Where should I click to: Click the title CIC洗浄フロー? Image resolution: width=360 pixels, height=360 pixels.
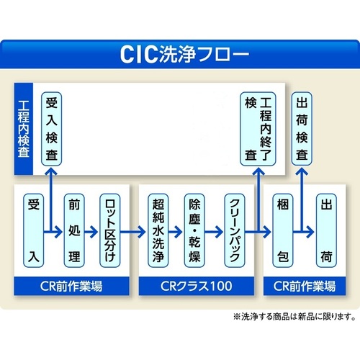[x=184, y=54]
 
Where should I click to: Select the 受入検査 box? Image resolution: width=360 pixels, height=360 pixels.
[x=52, y=129]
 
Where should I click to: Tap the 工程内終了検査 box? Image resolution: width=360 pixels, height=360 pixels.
[x=258, y=129]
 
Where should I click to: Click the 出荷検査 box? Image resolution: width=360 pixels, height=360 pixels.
[x=302, y=129]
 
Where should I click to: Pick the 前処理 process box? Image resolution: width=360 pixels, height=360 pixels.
[x=74, y=230]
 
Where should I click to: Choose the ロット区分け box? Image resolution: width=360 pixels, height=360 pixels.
[x=110, y=230]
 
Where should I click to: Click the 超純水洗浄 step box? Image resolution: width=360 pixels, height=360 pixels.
[x=158, y=230]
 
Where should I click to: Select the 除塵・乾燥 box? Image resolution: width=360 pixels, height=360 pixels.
[x=194, y=230]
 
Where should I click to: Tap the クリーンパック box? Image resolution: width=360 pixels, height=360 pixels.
[x=235, y=230]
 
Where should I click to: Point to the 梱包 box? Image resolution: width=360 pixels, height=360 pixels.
[x=283, y=230]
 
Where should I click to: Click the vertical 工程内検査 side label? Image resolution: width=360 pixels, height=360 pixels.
[x=24, y=129]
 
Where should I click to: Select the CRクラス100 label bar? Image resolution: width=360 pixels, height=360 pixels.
[x=197, y=286]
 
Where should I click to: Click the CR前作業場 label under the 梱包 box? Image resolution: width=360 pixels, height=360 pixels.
[x=305, y=286]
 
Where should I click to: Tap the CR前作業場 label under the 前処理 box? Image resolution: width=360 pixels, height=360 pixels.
[x=71, y=286]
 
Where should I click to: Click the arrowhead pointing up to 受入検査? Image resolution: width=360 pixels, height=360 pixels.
[x=51, y=171]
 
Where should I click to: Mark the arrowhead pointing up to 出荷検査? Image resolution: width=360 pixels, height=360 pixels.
[x=302, y=171]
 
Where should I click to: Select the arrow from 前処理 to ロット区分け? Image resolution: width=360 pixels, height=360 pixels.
[x=91, y=232]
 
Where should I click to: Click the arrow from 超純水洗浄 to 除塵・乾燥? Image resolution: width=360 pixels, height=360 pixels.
[x=176, y=232]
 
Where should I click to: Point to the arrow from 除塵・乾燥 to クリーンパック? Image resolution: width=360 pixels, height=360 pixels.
[x=214, y=232]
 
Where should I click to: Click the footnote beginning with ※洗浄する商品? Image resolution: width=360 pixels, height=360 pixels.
[x=294, y=317]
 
